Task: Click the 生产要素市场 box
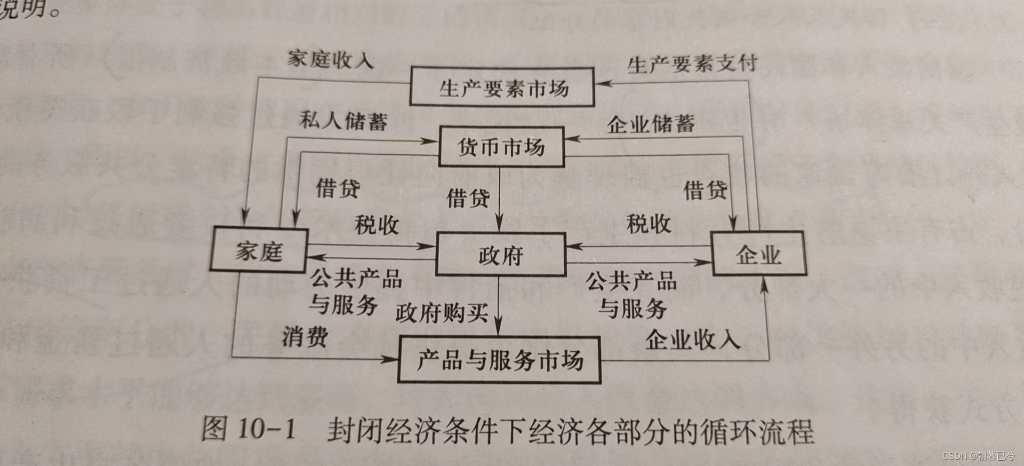click(502, 88)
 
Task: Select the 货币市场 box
click(501, 147)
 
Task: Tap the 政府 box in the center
click(501, 255)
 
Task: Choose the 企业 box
click(758, 254)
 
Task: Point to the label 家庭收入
click(330, 59)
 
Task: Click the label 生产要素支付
click(692, 65)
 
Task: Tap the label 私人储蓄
click(343, 121)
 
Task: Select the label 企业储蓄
click(651, 124)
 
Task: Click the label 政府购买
click(442, 313)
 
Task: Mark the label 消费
click(305, 336)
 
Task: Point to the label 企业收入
click(692, 339)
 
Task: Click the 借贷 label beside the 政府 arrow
click(468, 198)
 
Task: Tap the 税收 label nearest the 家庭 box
click(377, 225)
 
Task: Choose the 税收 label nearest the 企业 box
click(649, 224)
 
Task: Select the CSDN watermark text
click(978, 456)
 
